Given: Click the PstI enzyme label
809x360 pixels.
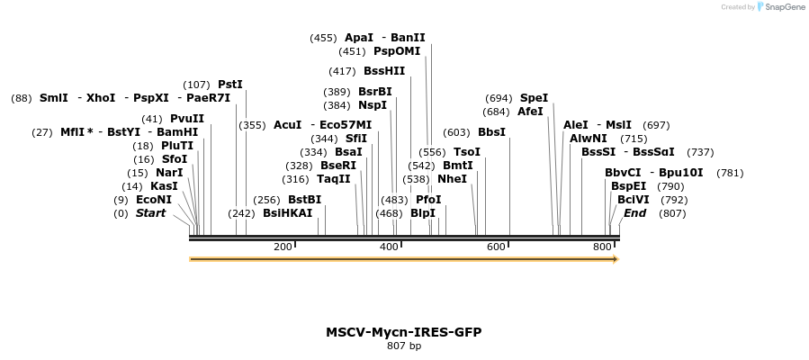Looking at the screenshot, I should click(x=230, y=85).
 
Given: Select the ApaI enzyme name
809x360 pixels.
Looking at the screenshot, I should click(x=358, y=38).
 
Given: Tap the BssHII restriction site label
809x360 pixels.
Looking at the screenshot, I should click(x=384, y=71).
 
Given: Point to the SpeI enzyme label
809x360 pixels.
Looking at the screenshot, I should click(x=534, y=98).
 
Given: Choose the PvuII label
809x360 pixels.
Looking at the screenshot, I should click(x=187, y=119).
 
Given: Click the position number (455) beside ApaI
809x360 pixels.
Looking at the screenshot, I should click(x=323, y=38).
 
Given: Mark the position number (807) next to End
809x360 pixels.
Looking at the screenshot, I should click(x=672, y=213).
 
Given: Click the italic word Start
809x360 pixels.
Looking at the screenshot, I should click(x=150, y=213).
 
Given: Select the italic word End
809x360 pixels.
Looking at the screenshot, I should click(x=634, y=213).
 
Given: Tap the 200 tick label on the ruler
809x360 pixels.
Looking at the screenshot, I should click(x=283, y=247).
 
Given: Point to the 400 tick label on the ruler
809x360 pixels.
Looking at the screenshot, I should click(x=389, y=247).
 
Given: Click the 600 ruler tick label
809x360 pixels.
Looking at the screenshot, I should click(x=496, y=247).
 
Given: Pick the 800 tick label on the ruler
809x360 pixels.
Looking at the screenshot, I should click(x=602, y=247).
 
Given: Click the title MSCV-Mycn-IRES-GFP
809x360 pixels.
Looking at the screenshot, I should click(x=403, y=332).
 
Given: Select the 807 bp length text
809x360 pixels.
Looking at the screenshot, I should click(x=403, y=346).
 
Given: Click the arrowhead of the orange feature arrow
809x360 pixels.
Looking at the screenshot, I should click(x=615, y=259).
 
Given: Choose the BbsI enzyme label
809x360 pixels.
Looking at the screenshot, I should click(x=491, y=132).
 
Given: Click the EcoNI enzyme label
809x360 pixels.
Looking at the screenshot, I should click(x=154, y=200).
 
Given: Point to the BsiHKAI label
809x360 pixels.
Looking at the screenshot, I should click(x=287, y=213).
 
